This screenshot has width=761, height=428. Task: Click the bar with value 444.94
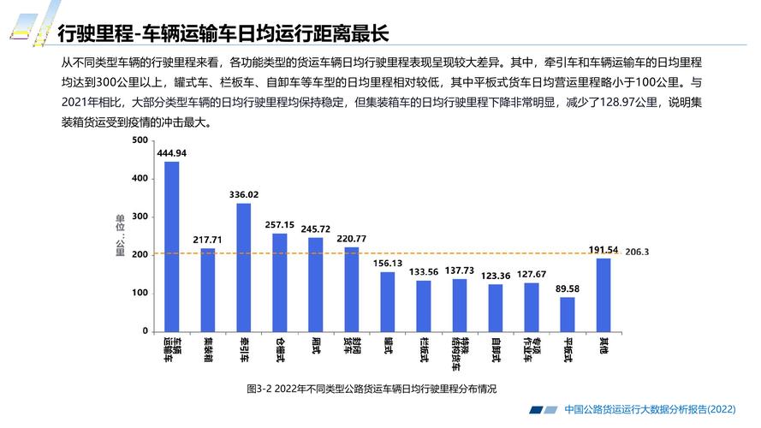pyautogui.click(x=171, y=247)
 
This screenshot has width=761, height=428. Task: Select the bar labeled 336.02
pyautogui.click(x=244, y=267)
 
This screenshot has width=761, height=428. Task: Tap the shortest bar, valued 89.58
pyautogui.click(x=568, y=314)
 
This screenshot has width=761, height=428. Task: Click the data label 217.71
pyautogui.click(x=207, y=240)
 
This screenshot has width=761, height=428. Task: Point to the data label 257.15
pyautogui.click(x=280, y=224)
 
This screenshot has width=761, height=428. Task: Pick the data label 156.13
pyautogui.click(x=388, y=263)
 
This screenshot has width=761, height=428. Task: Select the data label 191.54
pyautogui.click(x=603, y=249)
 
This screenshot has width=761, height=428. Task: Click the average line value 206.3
pyautogui.click(x=638, y=253)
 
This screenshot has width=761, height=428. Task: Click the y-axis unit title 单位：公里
pyautogui.click(x=120, y=235)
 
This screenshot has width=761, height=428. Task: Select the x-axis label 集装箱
pyautogui.click(x=207, y=350)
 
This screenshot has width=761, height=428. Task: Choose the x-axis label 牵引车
pyautogui.click(x=244, y=350)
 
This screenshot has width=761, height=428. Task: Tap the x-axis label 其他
pyautogui.click(x=603, y=347)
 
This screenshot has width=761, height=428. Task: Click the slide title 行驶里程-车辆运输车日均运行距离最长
pyautogui.click(x=223, y=33)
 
